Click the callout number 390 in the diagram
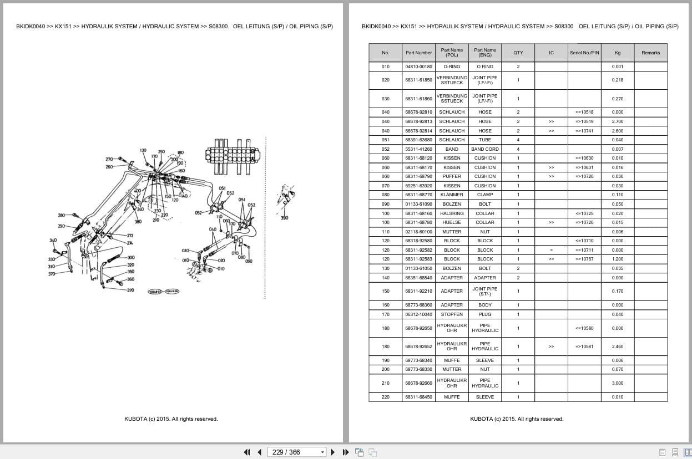click(284, 218)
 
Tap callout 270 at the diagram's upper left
click(109, 159)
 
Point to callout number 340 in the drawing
click(53, 241)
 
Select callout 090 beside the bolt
click(249, 261)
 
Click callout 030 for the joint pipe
click(185, 251)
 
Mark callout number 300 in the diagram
click(131, 257)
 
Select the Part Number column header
click(418, 53)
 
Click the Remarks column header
click(650, 53)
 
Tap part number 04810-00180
click(418, 67)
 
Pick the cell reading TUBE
click(484, 140)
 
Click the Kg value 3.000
click(617, 383)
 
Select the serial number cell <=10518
click(584, 112)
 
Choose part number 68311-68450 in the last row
click(418, 397)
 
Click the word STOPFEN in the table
click(452, 314)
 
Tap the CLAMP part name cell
click(484, 195)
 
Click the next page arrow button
click(333, 452)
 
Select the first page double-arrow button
click(247, 452)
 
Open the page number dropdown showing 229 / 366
click(297, 452)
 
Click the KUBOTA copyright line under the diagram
click(171, 419)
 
